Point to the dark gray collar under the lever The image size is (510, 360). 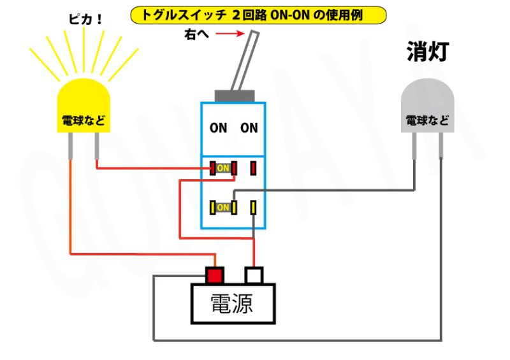(236, 96)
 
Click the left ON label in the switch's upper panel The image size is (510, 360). (219, 128)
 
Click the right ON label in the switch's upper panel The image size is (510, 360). (249, 128)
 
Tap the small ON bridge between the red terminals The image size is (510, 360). (223, 168)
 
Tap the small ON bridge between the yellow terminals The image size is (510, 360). (223, 208)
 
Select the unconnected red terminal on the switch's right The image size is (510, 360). (253, 168)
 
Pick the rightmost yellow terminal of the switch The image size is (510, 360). (253, 208)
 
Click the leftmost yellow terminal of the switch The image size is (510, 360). (212, 208)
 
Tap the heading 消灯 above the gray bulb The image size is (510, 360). (428, 52)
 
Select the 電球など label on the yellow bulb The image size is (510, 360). (84, 120)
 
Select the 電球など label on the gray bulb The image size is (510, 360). (427, 120)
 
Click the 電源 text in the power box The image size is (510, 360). (232, 304)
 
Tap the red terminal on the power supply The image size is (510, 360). (214, 275)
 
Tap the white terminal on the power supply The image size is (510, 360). (254, 275)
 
